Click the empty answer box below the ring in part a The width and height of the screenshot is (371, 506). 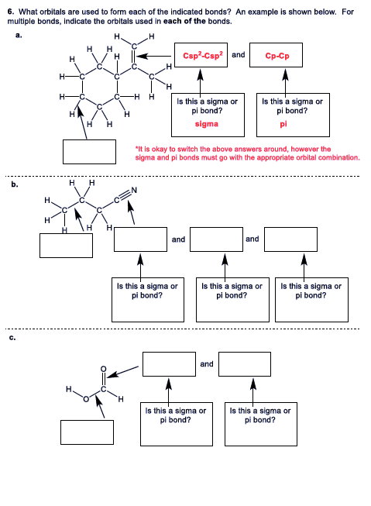coord(89,151)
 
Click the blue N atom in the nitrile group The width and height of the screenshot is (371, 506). coord(134,191)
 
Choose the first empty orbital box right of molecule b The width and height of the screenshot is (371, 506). coord(140,239)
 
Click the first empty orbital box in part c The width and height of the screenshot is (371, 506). coord(169,363)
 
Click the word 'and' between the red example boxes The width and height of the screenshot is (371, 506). coord(239,55)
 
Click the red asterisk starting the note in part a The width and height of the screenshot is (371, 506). coord(136,149)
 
